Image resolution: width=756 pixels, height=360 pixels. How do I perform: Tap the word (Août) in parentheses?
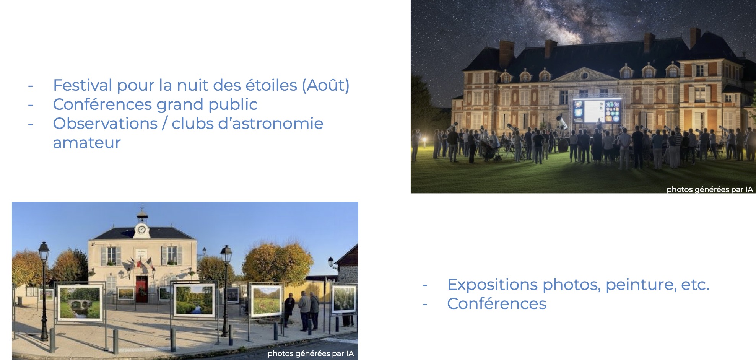pyautogui.click(x=325, y=85)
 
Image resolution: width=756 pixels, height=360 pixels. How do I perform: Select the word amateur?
pyautogui.click(x=86, y=143)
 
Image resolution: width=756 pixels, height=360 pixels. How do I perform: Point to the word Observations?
pyautogui.click(x=105, y=124)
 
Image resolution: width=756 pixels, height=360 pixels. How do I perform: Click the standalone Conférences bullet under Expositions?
pyautogui.click(x=496, y=304)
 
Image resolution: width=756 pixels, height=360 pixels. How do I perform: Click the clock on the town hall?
pyautogui.click(x=141, y=230)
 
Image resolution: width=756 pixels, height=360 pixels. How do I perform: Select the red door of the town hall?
pyautogui.click(x=141, y=289)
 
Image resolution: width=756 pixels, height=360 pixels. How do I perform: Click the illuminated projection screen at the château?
pyautogui.click(x=597, y=111)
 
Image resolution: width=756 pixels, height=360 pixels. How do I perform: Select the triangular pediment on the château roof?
pyautogui.click(x=584, y=74)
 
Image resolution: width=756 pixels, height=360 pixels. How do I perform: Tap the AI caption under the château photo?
pyautogui.click(x=709, y=189)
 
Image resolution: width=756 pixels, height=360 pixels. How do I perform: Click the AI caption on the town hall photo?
pyautogui.click(x=311, y=353)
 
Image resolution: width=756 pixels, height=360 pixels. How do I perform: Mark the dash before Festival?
pyautogui.click(x=31, y=86)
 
